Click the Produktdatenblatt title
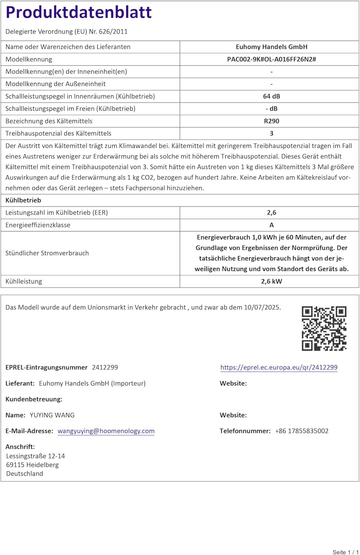point(78,12)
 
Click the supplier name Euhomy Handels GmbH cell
point(272,47)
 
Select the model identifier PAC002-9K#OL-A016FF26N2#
point(272,59)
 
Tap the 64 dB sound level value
point(272,96)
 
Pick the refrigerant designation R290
point(272,121)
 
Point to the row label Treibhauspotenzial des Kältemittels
point(58,133)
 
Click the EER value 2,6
point(272,213)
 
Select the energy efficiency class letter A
point(272,225)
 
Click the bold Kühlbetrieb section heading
point(23,200)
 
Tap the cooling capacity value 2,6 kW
point(272,281)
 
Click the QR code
point(324,328)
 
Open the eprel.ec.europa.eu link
point(279,367)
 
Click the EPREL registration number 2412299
point(105,367)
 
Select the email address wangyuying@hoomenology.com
point(106,431)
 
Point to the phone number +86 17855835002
point(302,431)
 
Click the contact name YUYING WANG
point(52,415)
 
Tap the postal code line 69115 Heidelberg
point(33,465)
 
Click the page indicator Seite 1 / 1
point(346,552)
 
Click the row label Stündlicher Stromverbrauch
point(47,253)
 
